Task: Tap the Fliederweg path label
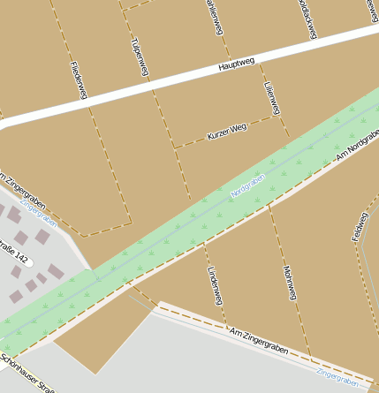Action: coord(77,79)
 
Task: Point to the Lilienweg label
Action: coord(272,97)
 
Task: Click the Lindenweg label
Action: coord(213,285)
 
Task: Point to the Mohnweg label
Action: coord(289,283)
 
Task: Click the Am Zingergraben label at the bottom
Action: coord(259,343)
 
